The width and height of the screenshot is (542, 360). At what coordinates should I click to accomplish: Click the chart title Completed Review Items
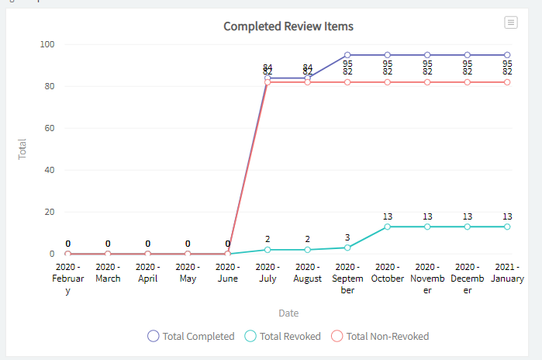(288, 26)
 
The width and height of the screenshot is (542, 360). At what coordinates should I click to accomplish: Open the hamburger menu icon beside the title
(510, 22)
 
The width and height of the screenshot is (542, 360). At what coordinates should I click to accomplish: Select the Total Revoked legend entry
(283, 336)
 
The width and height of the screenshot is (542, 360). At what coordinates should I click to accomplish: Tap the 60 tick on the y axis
(49, 128)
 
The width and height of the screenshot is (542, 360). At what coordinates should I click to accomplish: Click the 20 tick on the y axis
(49, 212)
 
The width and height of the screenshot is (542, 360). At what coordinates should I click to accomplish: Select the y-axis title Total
(22, 149)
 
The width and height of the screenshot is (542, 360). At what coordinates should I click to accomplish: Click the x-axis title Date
(288, 313)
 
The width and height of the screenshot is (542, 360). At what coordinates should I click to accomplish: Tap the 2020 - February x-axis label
(68, 279)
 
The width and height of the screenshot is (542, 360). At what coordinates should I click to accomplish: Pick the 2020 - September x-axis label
(347, 279)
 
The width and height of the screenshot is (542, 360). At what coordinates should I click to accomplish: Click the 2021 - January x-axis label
(507, 273)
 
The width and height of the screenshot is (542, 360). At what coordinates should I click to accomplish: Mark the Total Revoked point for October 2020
(388, 227)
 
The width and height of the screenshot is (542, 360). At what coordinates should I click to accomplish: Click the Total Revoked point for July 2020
(268, 250)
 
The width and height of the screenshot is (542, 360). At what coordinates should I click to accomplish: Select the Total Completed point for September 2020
(347, 55)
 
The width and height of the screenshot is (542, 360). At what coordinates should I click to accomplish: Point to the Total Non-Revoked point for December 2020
(468, 82)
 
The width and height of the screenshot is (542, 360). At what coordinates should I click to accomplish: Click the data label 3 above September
(347, 237)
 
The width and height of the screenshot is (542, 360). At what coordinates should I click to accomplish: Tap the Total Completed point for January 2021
(507, 55)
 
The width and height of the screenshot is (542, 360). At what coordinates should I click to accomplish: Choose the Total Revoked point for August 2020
(308, 250)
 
